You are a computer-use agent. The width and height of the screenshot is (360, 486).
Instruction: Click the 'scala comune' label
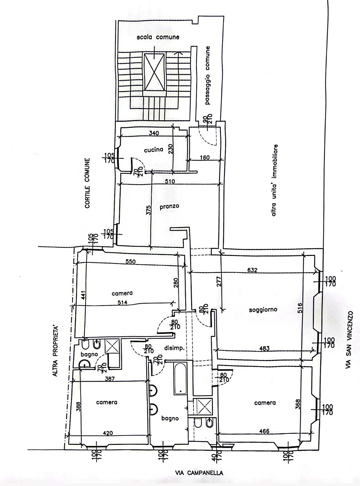click(158, 37)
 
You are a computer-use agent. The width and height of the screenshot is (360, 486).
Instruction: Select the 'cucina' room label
click(154, 150)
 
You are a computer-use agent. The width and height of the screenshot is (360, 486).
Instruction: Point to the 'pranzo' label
click(169, 206)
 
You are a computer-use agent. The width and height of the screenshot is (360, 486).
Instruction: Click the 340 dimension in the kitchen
click(154, 133)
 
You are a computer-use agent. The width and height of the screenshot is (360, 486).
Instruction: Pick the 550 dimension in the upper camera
click(130, 261)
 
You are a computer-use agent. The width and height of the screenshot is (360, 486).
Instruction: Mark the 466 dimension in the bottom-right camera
click(264, 431)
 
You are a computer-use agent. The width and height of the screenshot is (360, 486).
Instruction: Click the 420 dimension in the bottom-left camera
click(108, 433)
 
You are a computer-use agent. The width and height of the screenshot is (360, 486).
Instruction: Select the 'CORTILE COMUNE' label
click(88, 183)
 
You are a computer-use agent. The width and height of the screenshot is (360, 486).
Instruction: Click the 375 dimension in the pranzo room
click(149, 210)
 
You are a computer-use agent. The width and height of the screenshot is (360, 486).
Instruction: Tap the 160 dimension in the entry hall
click(205, 157)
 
